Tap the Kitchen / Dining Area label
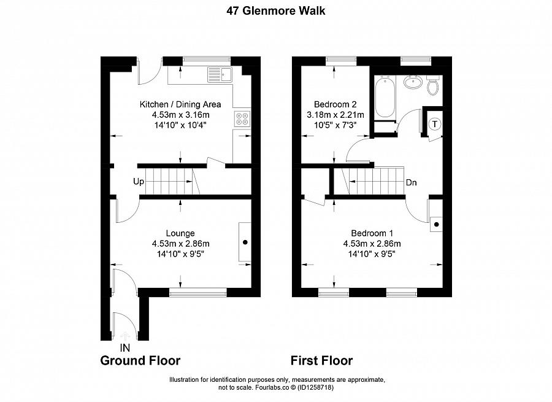[x=180, y=104]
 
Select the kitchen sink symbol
[x=220, y=75]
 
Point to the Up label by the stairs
[x=138, y=182]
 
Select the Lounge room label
[x=180, y=233]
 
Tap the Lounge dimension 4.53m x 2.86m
[x=180, y=244]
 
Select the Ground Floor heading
[x=140, y=360]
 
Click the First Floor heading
[x=321, y=360]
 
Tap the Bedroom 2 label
[x=335, y=104]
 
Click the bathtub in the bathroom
[x=385, y=97]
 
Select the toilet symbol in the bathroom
[x=433, y=87]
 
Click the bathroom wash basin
[x=412, y=82]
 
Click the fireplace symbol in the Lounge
[x=245, y=242]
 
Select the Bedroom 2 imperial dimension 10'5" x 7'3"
[x=335, y=125]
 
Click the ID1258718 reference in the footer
[x=315, y=387]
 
